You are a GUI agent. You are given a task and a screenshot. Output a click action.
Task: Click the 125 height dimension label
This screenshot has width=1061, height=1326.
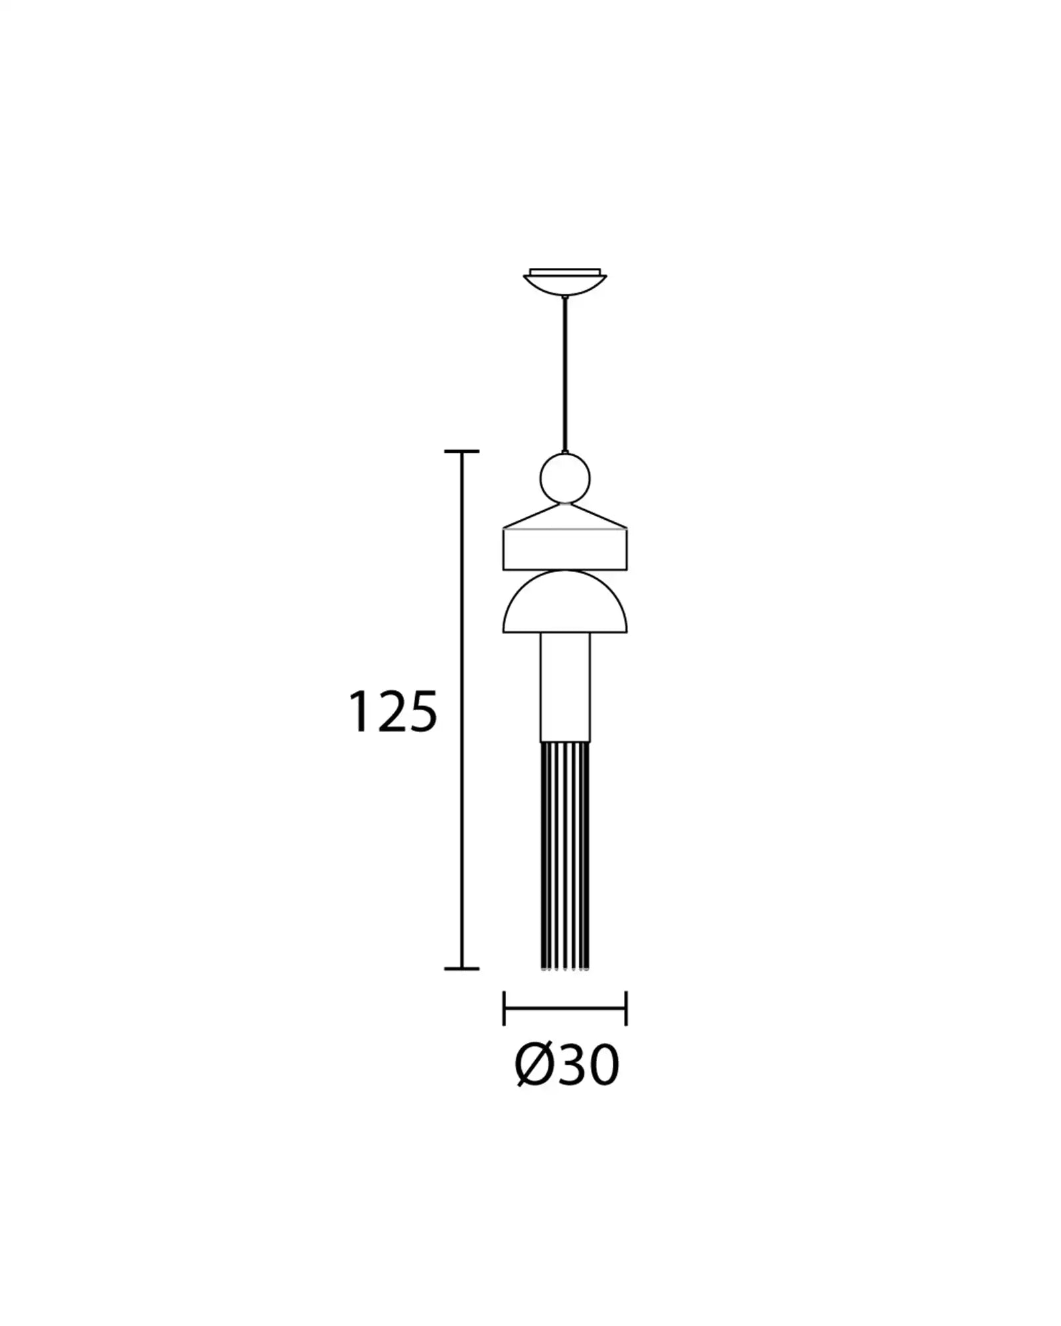[x=393, y=711]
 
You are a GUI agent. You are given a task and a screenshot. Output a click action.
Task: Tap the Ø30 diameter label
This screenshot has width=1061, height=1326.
[x=567, y=1085]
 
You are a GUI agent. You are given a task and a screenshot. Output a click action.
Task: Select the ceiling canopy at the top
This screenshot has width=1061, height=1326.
[x=565, y=281]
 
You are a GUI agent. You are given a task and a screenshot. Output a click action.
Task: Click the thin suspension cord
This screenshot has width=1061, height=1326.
[x=565, y=375]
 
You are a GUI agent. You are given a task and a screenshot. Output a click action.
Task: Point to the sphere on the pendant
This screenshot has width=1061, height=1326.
[x=565, y=478]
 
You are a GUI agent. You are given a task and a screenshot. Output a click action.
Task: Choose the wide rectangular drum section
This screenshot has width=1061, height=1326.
[x=565, y=549]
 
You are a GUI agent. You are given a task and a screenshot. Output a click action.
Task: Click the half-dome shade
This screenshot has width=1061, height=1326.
[x=565, y=602]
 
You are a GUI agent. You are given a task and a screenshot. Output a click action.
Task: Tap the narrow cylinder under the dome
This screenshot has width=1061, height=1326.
[x=565, y=687]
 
